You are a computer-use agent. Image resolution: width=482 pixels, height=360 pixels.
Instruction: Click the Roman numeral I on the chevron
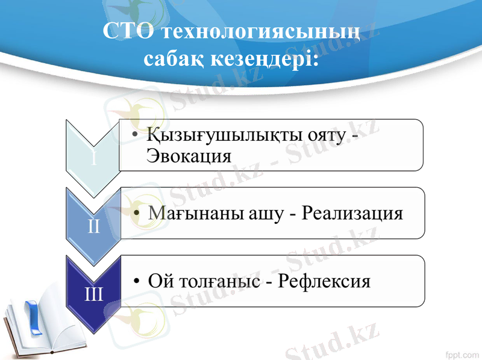click(94, 159)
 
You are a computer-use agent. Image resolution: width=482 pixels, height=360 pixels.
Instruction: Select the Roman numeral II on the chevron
click(94, 227)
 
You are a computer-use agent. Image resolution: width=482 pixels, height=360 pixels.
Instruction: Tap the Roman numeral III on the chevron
click(94, 295)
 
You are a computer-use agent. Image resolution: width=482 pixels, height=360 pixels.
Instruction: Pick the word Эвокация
click(189, 156)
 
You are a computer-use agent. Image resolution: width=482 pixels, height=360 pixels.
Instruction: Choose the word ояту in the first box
click(332, 135)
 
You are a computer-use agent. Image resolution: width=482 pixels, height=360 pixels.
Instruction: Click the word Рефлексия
click(325, 281)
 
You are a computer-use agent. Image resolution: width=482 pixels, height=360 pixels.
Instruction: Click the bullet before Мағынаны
click(139, 214)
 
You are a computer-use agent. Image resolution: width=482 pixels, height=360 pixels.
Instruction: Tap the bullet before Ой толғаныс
click(139, 281)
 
